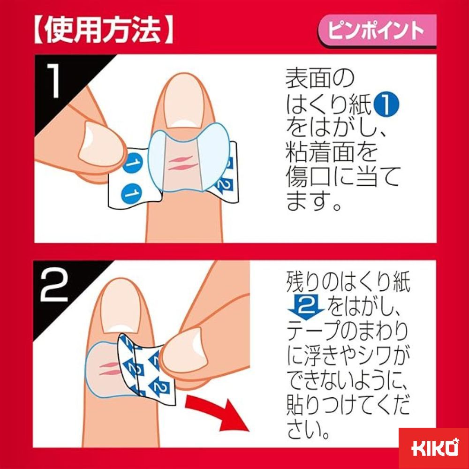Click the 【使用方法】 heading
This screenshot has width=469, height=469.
103,31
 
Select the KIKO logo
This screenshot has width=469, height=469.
434,448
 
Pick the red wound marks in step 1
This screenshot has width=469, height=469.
183,163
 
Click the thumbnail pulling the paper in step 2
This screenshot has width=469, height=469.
183,348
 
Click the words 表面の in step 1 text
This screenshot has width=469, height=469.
319,78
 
